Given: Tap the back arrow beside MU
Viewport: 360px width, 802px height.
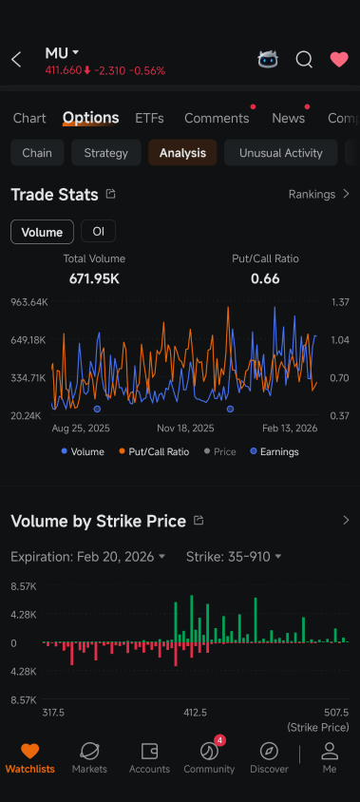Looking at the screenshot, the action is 16,60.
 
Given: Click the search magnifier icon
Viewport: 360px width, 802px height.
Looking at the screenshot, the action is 304,60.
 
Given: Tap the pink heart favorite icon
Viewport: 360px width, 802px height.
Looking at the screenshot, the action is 339,60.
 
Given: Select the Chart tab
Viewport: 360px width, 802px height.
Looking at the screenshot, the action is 29,118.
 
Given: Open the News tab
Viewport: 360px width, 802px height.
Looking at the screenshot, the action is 289,118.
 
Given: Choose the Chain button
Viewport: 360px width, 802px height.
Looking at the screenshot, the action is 37,152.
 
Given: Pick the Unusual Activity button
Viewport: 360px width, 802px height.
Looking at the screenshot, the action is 281,152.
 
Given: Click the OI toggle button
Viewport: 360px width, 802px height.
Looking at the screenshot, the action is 98,231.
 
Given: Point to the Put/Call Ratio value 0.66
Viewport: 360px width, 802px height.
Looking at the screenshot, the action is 265,278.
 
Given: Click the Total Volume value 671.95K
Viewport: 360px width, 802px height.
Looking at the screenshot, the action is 94,278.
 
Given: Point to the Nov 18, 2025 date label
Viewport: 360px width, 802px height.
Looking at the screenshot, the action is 185,429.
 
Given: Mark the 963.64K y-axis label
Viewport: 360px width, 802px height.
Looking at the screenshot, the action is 29,302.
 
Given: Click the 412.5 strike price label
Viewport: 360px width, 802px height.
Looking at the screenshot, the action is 196,713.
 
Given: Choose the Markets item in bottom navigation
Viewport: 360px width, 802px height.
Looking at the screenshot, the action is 89,757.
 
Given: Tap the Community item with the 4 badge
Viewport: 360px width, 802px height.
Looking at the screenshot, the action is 209,757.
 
